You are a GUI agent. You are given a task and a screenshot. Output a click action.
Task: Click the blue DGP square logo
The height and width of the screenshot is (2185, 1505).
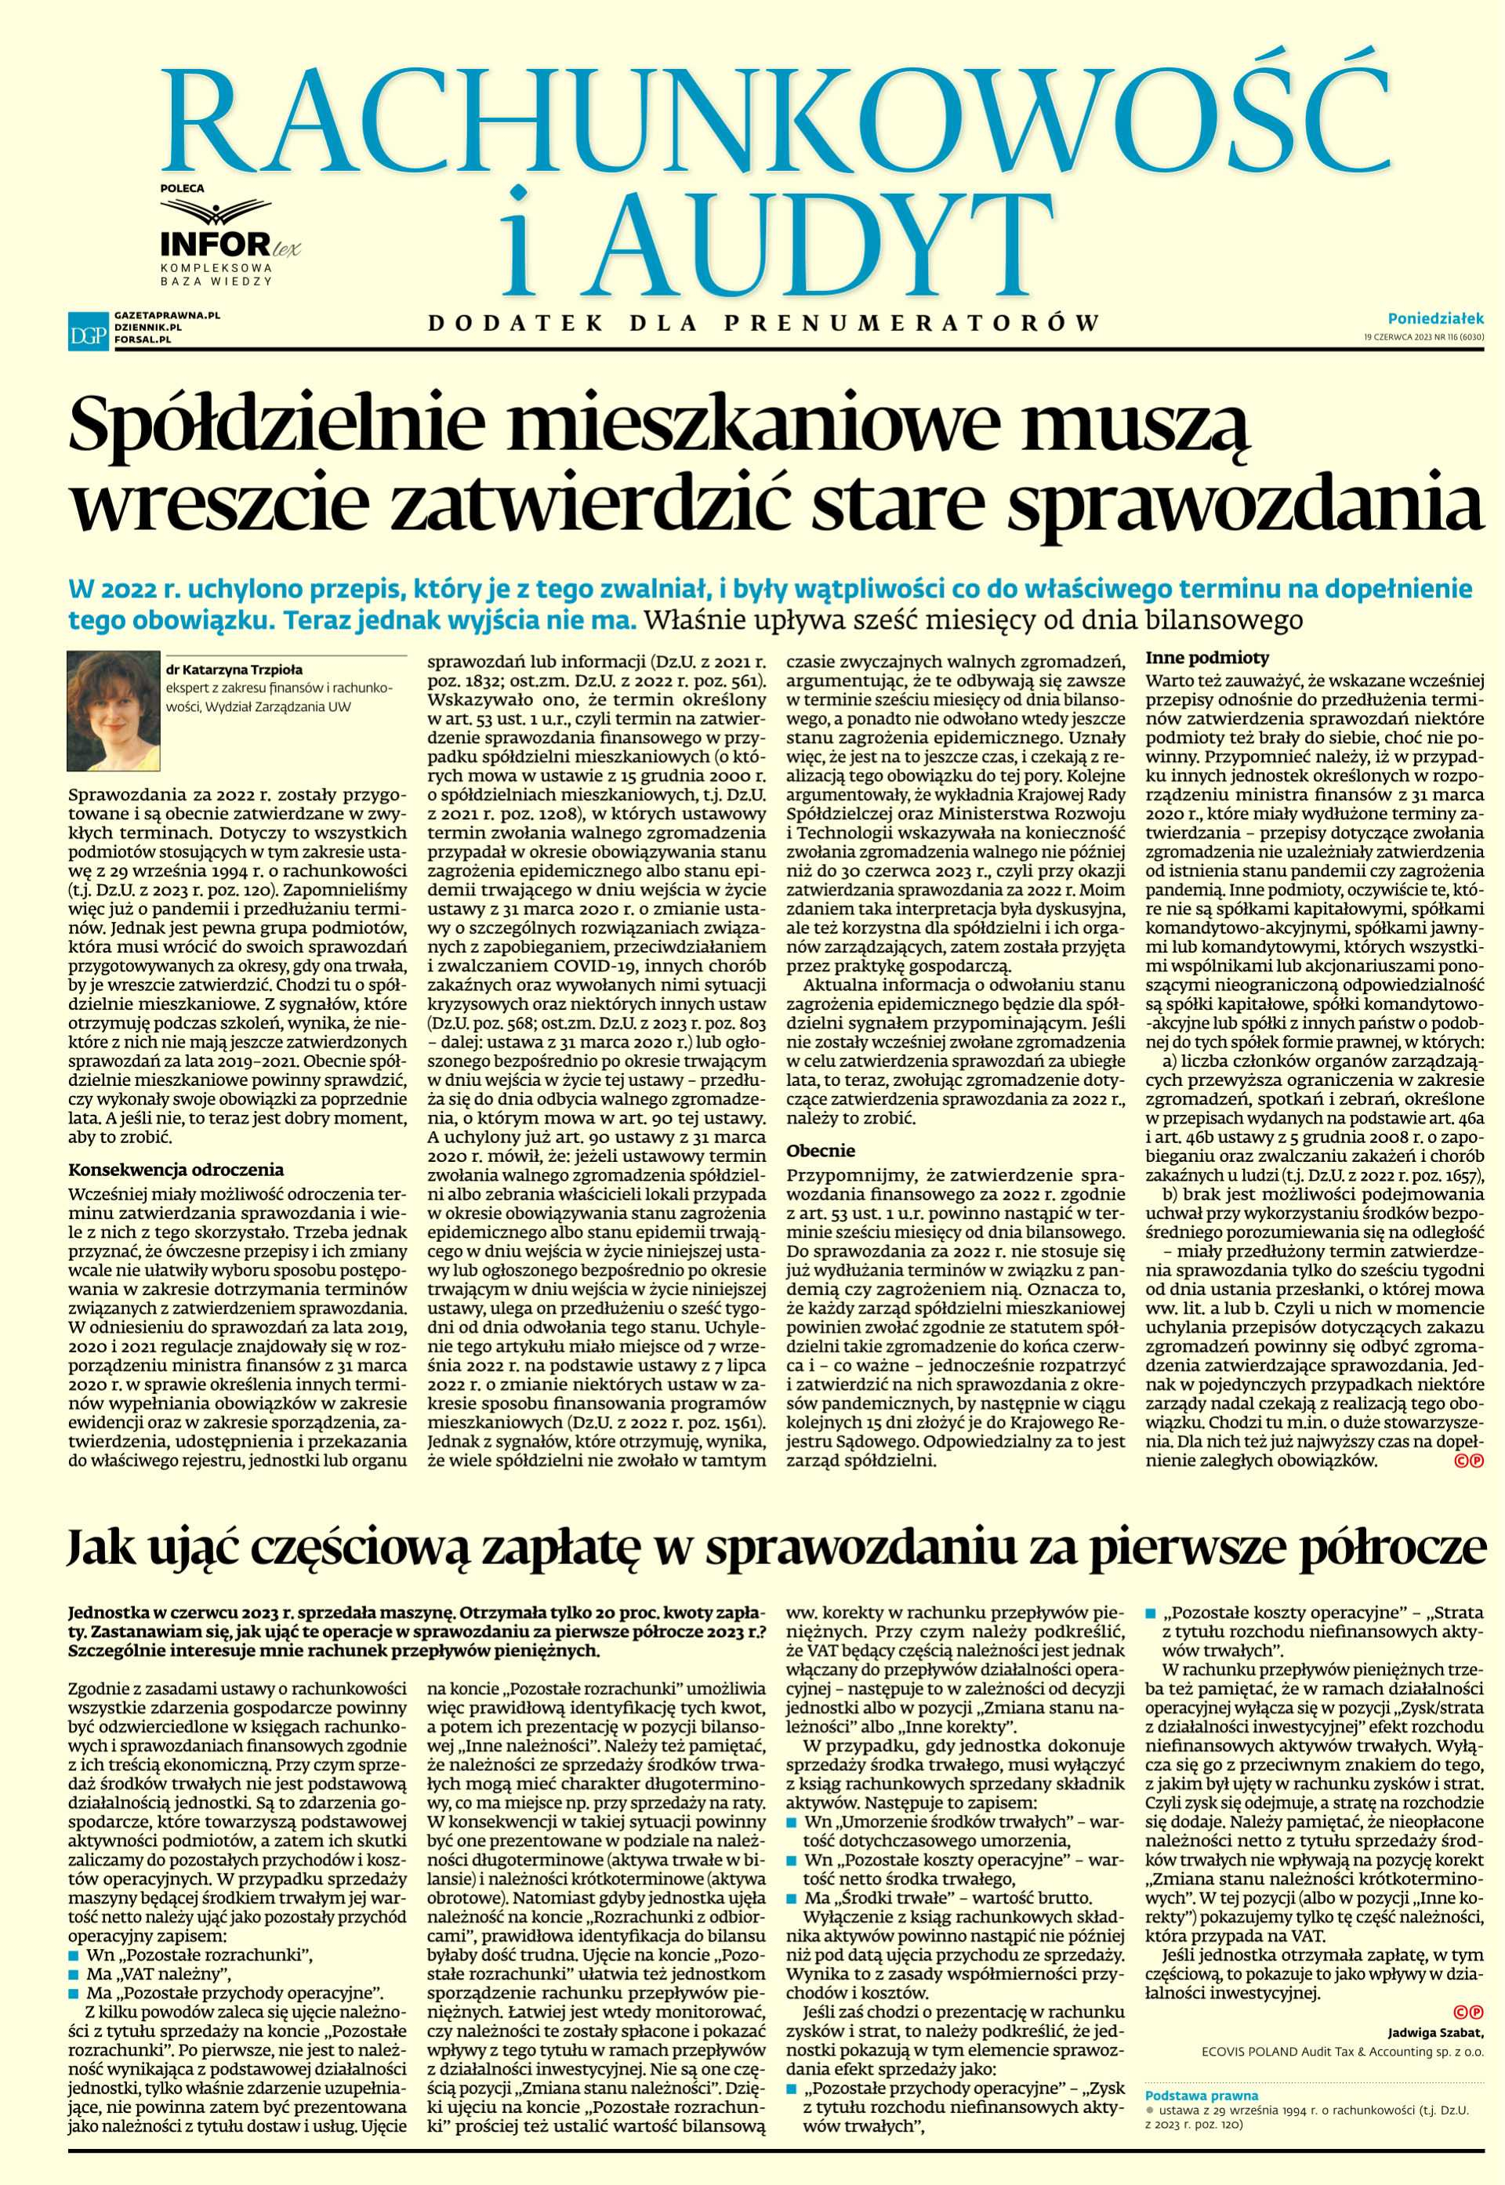tap(84, 330)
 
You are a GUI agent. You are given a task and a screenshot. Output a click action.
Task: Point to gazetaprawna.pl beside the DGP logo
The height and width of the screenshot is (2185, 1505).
tap(165, 317)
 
